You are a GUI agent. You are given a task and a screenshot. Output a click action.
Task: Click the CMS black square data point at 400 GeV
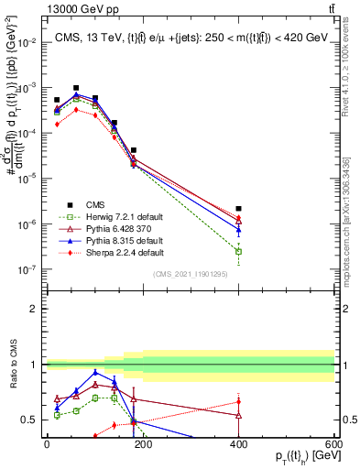click(x=238, y=209)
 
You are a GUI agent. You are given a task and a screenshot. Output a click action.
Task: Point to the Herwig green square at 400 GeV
click(x=238, y=251)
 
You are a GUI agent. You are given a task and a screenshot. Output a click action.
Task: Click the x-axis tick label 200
click(x=142, y=445)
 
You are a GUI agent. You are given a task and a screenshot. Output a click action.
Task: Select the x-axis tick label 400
click(x=238, y=445)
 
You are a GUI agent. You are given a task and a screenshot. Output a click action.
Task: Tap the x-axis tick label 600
click(x=333, y=445)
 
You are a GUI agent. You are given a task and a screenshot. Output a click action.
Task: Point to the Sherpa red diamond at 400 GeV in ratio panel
click(x=238, y=401)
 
